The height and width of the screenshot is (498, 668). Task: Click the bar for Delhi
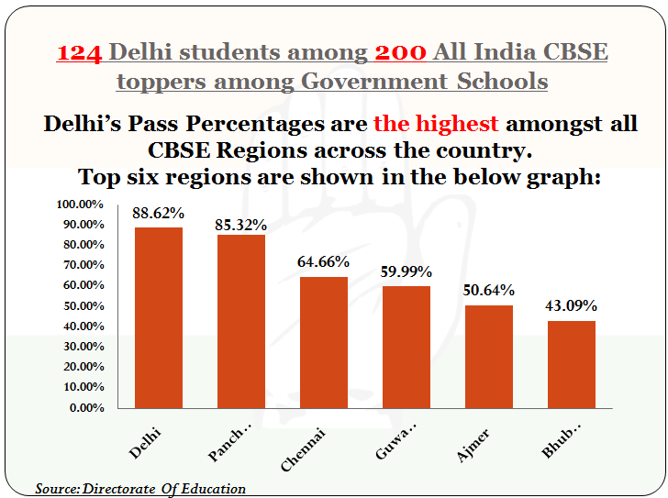point(159,318)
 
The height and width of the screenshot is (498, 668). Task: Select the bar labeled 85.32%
point(241,322)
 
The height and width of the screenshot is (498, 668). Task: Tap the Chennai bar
point(324,343)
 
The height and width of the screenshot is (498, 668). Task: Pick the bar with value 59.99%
point(406,348)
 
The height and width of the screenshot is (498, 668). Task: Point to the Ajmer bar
point(489,357)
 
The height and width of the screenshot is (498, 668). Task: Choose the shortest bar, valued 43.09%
point(572,365)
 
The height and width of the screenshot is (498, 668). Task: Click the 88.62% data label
point(158,213)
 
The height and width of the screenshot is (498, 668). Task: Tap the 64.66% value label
point(323,261)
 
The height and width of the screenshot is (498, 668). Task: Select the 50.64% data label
point(489,291)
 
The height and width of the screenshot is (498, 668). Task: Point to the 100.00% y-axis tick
point(80,205)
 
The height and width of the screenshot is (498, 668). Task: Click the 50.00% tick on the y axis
point(83,306)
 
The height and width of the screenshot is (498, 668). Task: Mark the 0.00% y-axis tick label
point(87,408)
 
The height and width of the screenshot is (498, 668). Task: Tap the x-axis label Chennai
point(304,449)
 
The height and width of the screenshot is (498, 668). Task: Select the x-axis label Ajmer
point(473,446)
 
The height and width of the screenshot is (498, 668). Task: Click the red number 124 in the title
point(79,53)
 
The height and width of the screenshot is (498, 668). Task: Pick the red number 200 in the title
point(400,53)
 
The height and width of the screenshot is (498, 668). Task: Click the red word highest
point(456,125)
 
